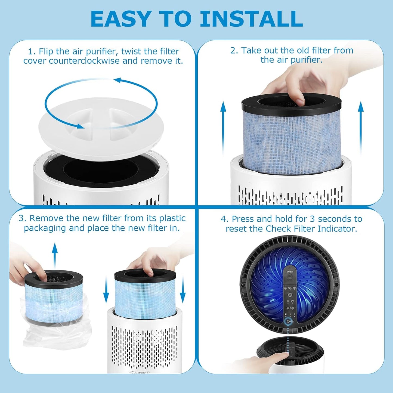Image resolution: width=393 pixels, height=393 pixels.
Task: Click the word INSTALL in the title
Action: click(251, 19)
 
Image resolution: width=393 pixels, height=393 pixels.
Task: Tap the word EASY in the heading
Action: click(120, 19)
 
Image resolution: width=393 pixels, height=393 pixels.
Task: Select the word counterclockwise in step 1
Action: click(84, 61)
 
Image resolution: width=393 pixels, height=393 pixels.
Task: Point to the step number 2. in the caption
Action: click(234, 51)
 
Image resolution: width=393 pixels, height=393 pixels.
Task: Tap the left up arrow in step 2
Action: click(223, 128)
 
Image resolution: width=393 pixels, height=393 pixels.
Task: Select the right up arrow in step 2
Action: click(361, 128)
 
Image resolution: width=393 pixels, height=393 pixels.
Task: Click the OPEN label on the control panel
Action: click(290, 272)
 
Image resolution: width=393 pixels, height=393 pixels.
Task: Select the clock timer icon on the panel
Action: click(290, 295)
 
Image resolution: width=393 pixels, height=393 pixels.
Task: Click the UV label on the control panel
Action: click(292, 301)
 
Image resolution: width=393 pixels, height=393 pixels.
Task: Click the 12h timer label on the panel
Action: click(290, 288)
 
